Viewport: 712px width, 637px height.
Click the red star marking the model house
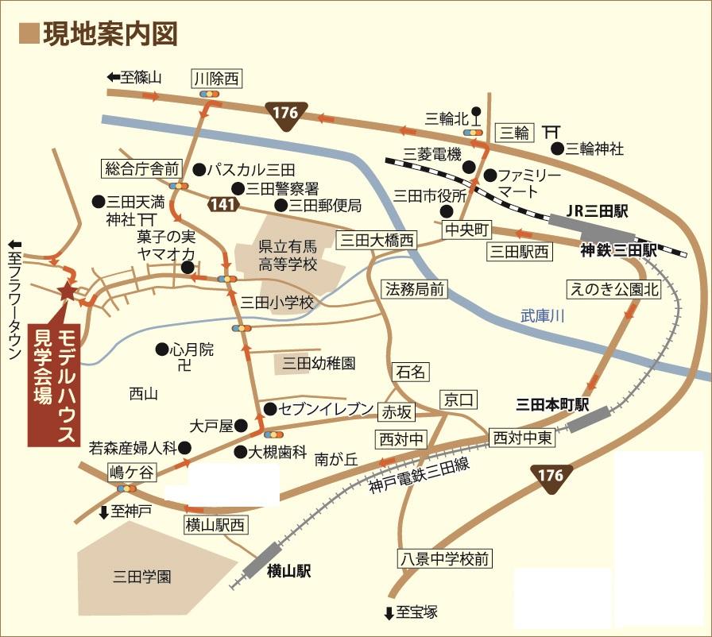pyautogui.click(x=67, y=292)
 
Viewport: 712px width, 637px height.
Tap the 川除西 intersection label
pyautogui.click(x=216, y=78)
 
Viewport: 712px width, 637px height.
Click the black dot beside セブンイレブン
pyautogui.click(x=269, y=409)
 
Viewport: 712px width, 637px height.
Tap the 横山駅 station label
pyautogui.click(x=288, y=570)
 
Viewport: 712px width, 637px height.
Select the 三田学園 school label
pyautogui.click(x=143, y=577)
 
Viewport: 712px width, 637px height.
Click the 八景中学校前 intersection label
pyautogui.click(x=444, y=558)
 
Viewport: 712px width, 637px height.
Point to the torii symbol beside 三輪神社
pyautogui.click(x=551, y=132)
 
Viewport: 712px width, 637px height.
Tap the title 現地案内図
pyautogui.click(x=110, y=33)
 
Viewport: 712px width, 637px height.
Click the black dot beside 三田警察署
pyautogui.click(x=237, y=188)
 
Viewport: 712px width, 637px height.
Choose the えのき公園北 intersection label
pyautogui.click(x=613, y=290)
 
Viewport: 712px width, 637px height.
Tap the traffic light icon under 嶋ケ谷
pyautogui.click(x=126, y=488)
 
